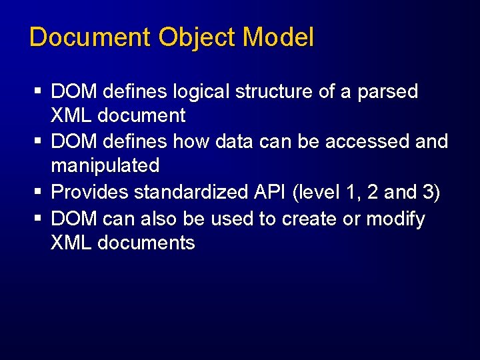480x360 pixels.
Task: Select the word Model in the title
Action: click(x=279, y=37)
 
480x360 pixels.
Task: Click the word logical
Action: click(x=198, y=92)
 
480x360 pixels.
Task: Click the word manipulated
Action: click(x=105, y=166)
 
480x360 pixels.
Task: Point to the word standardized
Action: click(x=191, y=192)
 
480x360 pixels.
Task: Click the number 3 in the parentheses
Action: click(x=427, y=192)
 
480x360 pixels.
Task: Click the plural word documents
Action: click(x=146, y=243)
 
